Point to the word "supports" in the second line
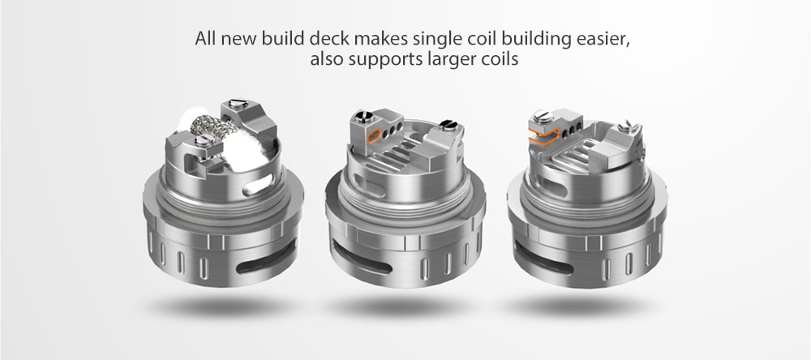tap(380, 61)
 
